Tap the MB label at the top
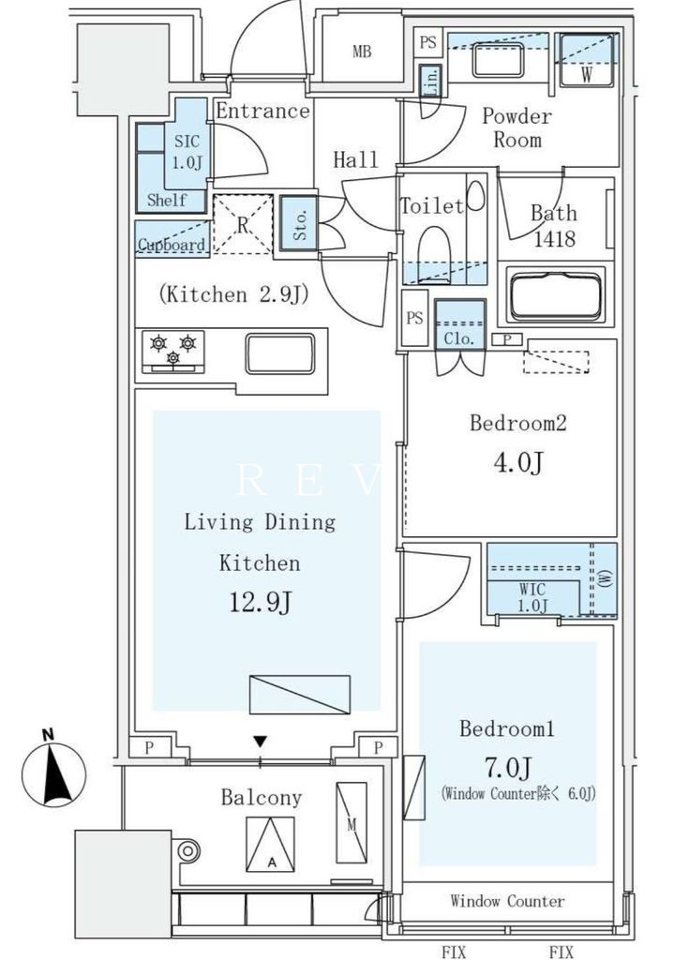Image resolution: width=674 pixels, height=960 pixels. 362,52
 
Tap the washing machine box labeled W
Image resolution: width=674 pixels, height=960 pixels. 585,64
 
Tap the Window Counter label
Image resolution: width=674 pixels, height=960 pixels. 507,901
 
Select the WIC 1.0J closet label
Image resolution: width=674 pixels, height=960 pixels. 532,598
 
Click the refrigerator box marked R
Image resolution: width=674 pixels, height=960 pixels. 243,225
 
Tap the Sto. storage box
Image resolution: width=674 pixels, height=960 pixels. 300,223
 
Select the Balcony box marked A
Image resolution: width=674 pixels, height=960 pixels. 270,842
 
